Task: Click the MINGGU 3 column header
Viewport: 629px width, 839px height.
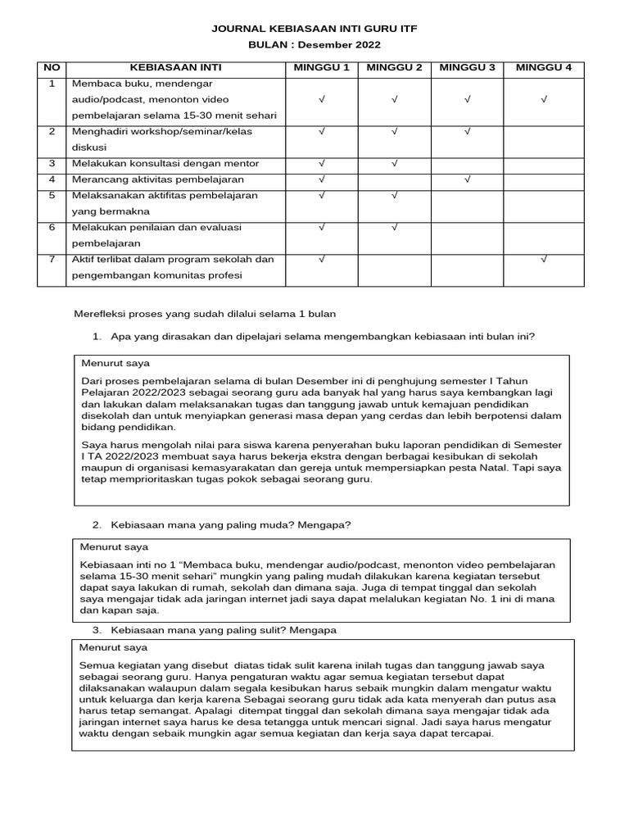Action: point(467,67)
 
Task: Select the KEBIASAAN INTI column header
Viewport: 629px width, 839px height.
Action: point(175,67)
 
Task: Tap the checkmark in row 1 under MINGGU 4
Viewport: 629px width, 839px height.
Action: point(544,99)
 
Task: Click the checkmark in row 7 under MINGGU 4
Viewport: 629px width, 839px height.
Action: point(544,260)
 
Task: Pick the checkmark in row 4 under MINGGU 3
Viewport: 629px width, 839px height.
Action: point(467,179)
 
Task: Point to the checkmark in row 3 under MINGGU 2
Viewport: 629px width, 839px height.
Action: point(394,163)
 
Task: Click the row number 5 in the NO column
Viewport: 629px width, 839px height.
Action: point(52,196)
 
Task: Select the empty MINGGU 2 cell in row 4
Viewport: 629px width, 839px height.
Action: point(394,179)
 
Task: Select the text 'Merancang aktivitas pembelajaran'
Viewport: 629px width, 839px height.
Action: point(158,179)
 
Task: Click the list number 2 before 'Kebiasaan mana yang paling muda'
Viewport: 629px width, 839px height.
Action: point(96,524)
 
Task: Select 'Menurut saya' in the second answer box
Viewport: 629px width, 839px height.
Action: point(114,546)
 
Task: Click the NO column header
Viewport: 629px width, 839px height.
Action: point(52,67)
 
